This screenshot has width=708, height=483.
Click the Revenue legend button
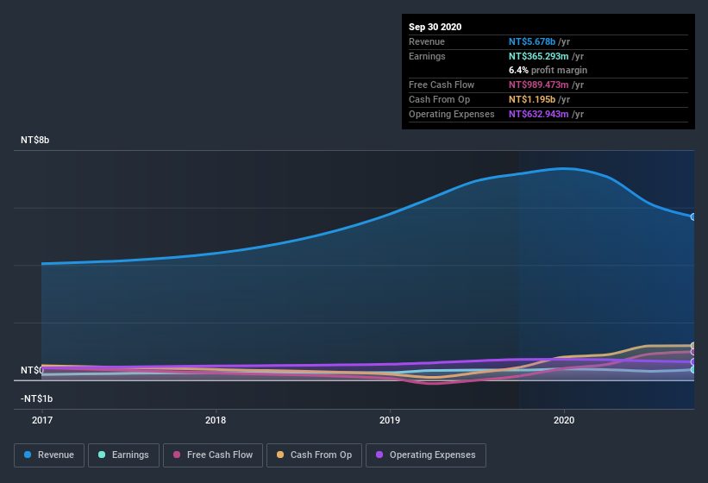point(49,455)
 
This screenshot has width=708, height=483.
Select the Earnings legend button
point(123,455)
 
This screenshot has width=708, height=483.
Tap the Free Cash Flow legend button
point(212,455)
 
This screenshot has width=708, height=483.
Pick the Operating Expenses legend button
point(426,455)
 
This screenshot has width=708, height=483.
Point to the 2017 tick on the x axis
point(41,420)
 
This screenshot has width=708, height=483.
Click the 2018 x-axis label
point(216,420)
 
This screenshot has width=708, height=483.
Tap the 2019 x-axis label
point(390,420)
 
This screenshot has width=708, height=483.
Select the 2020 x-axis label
point(564,420)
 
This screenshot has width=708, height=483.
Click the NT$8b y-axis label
point(35,140)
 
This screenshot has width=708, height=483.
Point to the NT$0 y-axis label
point(32,370)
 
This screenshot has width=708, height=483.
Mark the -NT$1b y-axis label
point(37,398)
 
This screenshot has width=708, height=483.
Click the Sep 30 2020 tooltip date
point(435,27)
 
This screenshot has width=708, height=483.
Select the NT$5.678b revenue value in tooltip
point(532,41)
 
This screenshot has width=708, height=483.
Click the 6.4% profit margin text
point(548,70)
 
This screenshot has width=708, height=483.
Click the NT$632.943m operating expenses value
point(537,114)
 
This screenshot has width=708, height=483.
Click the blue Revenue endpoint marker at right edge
point(693,216)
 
